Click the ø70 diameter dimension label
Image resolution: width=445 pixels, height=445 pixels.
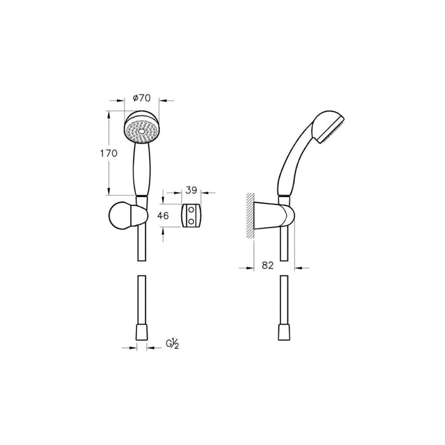pyautogui.click(x=141, y=98)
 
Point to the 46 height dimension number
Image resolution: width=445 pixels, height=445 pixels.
pyautogui.click(x=163, y=216)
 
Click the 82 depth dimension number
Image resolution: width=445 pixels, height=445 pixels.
pyautogui.click(x=267, y=266)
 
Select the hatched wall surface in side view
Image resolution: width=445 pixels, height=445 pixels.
pyautogui.click(x=250, y=217)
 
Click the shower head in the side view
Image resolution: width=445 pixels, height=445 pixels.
pyautogui.click(x=329, y=127)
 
